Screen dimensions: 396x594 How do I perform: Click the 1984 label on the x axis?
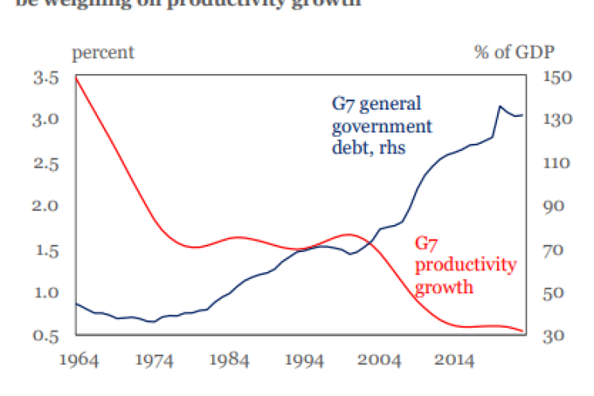pos(228,360)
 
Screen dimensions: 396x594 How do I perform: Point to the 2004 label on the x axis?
pos(380,360)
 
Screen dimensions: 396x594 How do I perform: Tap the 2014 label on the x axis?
pos(456,360)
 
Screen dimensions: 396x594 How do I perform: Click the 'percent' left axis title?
pos(103,53)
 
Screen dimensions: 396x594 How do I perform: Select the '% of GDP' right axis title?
pos(514,53)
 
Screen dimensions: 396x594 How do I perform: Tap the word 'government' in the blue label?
pos(381,126)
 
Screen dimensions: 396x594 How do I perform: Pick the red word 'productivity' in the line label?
pos(465,265)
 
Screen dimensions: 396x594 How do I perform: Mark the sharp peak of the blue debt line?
pos(499,106)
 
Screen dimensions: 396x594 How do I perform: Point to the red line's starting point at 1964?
pos(75,77)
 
